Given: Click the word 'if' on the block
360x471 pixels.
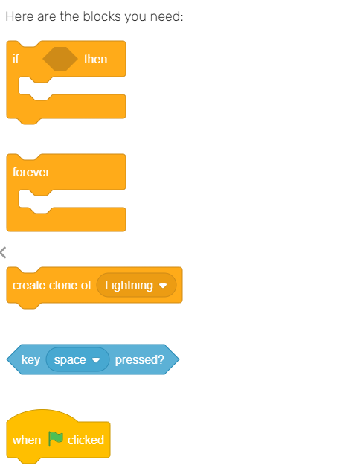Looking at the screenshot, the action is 16,59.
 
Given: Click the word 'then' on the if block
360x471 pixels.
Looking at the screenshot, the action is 95,59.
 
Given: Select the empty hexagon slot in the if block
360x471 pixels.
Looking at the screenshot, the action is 60,59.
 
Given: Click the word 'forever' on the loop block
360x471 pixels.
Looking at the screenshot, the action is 31,172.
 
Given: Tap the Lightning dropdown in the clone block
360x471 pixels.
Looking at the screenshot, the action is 136,285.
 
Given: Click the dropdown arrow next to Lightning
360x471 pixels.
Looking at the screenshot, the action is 163,286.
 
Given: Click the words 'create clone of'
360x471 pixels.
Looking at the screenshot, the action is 51,285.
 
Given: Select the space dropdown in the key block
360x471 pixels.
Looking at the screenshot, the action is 77,359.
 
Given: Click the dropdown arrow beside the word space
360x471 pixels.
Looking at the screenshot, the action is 96,360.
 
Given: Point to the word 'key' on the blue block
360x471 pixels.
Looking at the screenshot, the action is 30,360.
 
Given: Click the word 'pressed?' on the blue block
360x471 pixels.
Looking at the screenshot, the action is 140,360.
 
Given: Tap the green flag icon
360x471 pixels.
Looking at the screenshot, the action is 56,439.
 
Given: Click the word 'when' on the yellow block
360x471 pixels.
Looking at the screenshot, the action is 27,440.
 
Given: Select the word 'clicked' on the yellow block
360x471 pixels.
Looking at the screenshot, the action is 86,440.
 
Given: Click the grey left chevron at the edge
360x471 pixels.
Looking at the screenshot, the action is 3,253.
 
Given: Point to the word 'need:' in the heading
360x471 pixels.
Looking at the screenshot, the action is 167,16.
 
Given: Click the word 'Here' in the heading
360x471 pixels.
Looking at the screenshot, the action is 20,16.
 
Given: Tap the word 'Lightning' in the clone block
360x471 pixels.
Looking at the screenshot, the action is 129,286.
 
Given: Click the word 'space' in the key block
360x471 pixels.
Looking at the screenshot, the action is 70,360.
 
